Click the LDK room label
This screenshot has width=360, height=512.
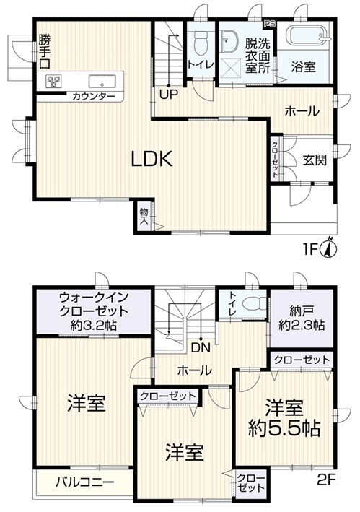click(x=152, y=159)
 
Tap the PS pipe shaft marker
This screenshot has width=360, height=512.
click(x=270, y=24)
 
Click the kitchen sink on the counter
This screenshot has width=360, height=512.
click(x=102, y=82)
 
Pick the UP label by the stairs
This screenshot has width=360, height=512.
click(x=169, y=95)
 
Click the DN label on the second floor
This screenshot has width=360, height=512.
click(x=201, y=348)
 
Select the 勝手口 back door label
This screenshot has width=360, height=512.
click(x=45, y=51)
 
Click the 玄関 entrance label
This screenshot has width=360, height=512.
click(x=315, y=160)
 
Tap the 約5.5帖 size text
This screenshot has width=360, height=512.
click(x=284, y=428)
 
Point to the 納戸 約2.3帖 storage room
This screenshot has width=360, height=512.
click(x=302, y=318)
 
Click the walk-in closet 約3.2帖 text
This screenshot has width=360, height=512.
click(x=94, y=326)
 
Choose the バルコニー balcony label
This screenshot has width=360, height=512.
click(x=84, y=482)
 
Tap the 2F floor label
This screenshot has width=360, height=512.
click(x=326, y=480)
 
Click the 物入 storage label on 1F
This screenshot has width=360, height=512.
click(x=144, y=216)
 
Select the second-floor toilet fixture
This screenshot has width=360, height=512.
click(x=255, y=304)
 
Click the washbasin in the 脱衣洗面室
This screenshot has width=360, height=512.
click(x=229, y=41)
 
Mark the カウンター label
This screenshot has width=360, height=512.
click(x=94, y=96)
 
